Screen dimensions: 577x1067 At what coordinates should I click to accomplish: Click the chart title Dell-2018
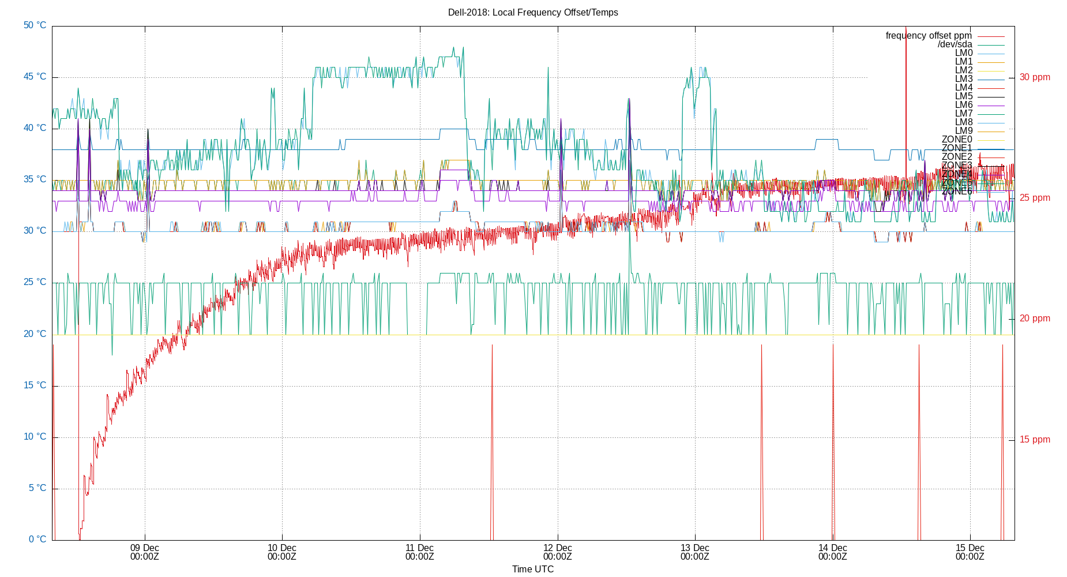[532, 12]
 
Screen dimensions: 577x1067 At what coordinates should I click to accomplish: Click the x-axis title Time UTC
[532, 569]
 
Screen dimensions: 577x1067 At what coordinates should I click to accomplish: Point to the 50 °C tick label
[35, 25]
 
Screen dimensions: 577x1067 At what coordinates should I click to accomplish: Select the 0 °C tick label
[37, 539]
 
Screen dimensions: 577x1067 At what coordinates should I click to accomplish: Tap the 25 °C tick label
[35, 282]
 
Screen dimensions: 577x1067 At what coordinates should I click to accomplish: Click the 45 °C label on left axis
[35, 77]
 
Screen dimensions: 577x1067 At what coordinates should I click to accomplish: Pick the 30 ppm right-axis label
[1035, 77]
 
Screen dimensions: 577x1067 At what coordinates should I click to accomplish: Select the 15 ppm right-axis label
[1035, 440]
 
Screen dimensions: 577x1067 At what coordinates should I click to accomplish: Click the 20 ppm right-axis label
[1035, 319]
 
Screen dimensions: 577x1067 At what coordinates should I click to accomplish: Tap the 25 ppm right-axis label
[1035, 198]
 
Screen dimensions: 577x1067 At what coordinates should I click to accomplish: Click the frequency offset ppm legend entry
[929, 36]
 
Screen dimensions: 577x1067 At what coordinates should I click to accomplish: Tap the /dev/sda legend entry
[955, 44]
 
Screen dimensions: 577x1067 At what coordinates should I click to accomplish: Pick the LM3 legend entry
[963, 79]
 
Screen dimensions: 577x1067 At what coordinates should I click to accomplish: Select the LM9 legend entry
[963, 131]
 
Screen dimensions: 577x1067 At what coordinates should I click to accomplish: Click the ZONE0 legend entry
[957, 140]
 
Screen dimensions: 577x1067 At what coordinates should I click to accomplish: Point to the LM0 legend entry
[963, 53]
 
